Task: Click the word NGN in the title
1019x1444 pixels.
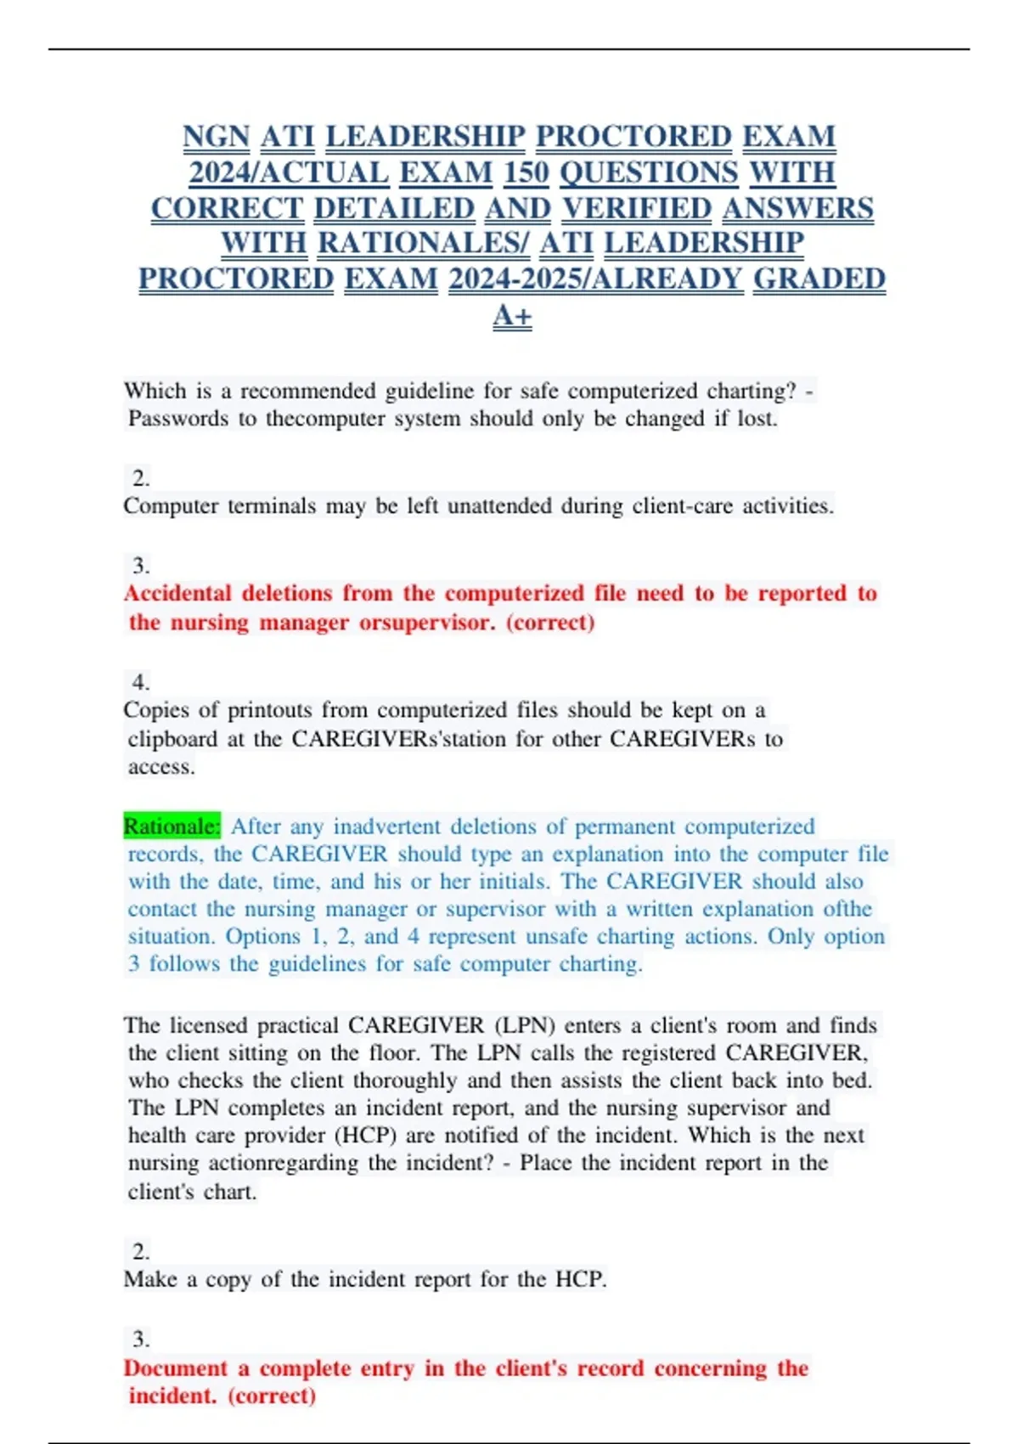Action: click(216, 136)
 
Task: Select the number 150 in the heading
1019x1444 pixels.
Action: click(526, 172)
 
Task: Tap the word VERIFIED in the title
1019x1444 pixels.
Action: click(637, 208)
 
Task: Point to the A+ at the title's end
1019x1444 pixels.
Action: click(512, 315)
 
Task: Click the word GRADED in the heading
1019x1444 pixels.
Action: click(819, 279)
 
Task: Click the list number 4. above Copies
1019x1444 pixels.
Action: click(141, 681)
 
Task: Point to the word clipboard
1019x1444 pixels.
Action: click(172, 739)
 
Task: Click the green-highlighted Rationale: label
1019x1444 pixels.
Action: click(172, 826)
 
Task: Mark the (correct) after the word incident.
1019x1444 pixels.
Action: click(272, 1396)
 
